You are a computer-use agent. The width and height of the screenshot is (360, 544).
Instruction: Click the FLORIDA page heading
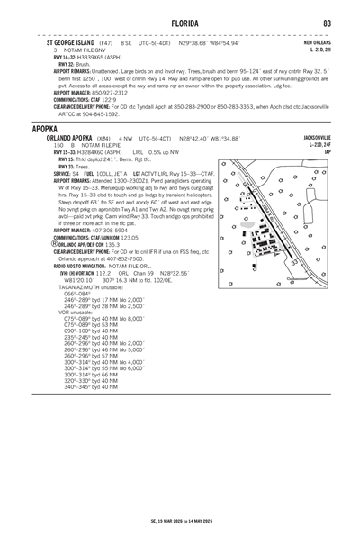click(180, 23)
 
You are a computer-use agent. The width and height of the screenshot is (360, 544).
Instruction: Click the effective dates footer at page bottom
click(180, 521)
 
